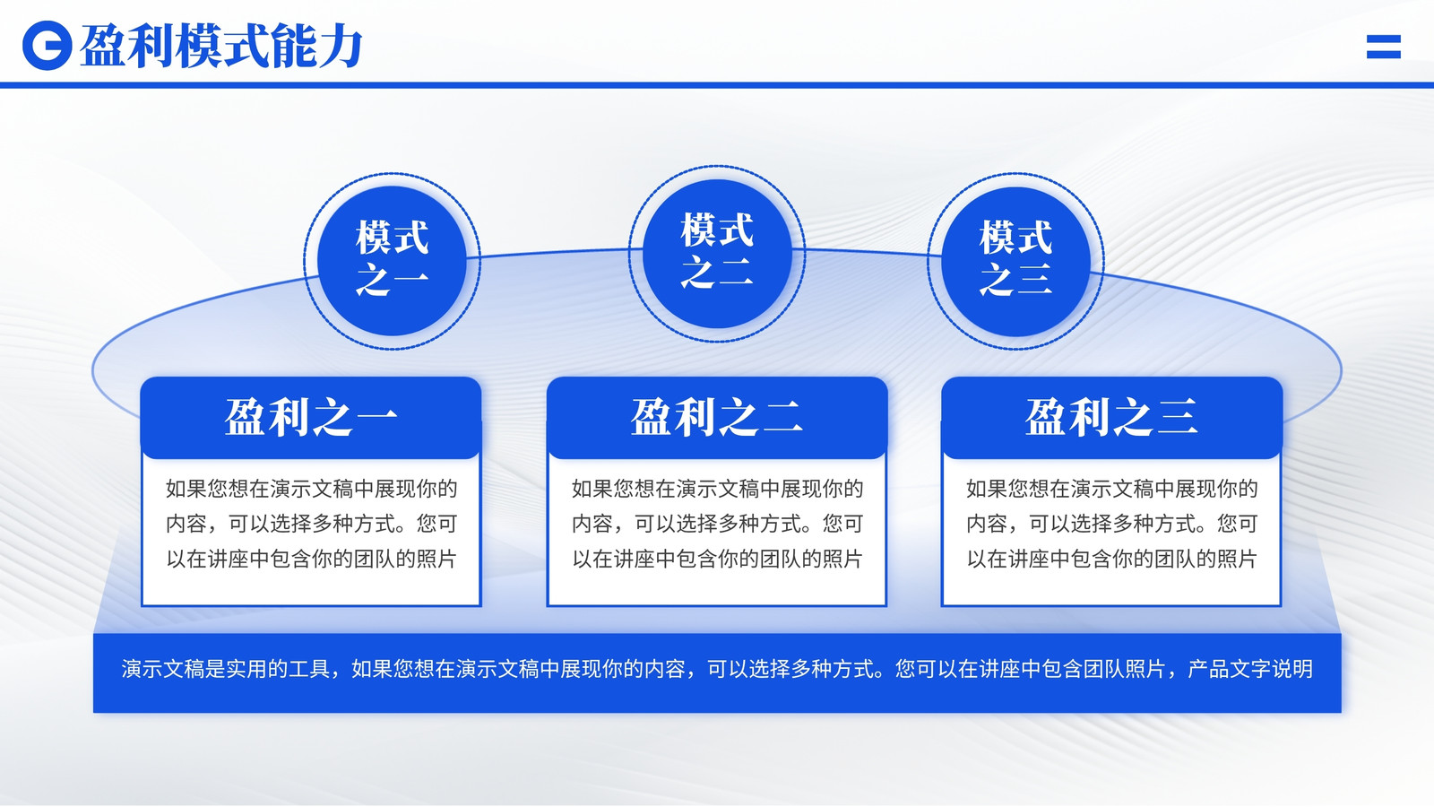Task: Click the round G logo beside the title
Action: click(47, 46)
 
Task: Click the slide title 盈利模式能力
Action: click(221, 46)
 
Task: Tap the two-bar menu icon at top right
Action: click(1384, 47)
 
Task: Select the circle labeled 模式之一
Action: click(392, 261)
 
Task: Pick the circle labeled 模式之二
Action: click(717, 254)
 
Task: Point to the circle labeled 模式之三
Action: click(1015, 261)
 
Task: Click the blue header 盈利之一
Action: click(311, 418)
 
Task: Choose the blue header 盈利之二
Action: click(717, 418)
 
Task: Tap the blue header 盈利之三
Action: click(1111, 418)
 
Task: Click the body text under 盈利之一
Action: click(311, 524)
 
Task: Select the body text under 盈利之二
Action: click(717, 524)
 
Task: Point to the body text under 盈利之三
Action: click(1111, 524)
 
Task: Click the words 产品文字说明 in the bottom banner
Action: click(1250, 669)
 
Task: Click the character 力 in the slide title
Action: click(341, 46)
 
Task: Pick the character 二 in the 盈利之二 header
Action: click(782, 418)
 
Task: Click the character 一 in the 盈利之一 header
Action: click(376, 418)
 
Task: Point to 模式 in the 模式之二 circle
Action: click(717, 230)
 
